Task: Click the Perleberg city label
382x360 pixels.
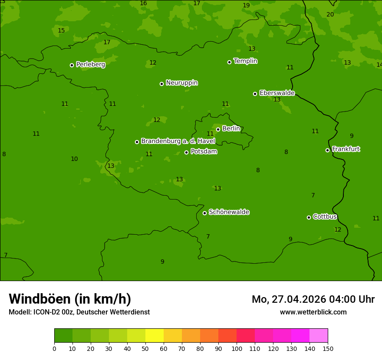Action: point(90,65)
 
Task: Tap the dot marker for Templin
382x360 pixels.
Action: point(229,62)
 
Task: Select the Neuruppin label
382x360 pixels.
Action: point(181,83)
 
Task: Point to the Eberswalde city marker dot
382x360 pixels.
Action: point(255,94)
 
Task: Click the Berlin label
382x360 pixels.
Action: point(231,129)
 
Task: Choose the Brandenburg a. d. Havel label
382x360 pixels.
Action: point(178,141)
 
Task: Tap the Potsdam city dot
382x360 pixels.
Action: point(186,152)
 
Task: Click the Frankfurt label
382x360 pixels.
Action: point(346,149)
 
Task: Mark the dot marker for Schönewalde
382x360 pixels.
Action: point(204,213)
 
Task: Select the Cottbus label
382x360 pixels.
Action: point(325,217)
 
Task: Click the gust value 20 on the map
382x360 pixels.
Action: point(330,14)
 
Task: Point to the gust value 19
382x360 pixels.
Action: point(246,6)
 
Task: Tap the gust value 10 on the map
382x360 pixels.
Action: point(74,159)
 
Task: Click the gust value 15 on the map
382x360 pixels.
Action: point(61,30)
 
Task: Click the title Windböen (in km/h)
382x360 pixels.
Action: point(70,299)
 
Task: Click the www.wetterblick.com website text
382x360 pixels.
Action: point(313,312)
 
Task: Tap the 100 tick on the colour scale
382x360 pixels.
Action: point(237,348)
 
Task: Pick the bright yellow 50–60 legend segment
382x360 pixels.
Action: point(155,336)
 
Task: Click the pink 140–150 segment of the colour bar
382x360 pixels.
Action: point(319,336)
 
